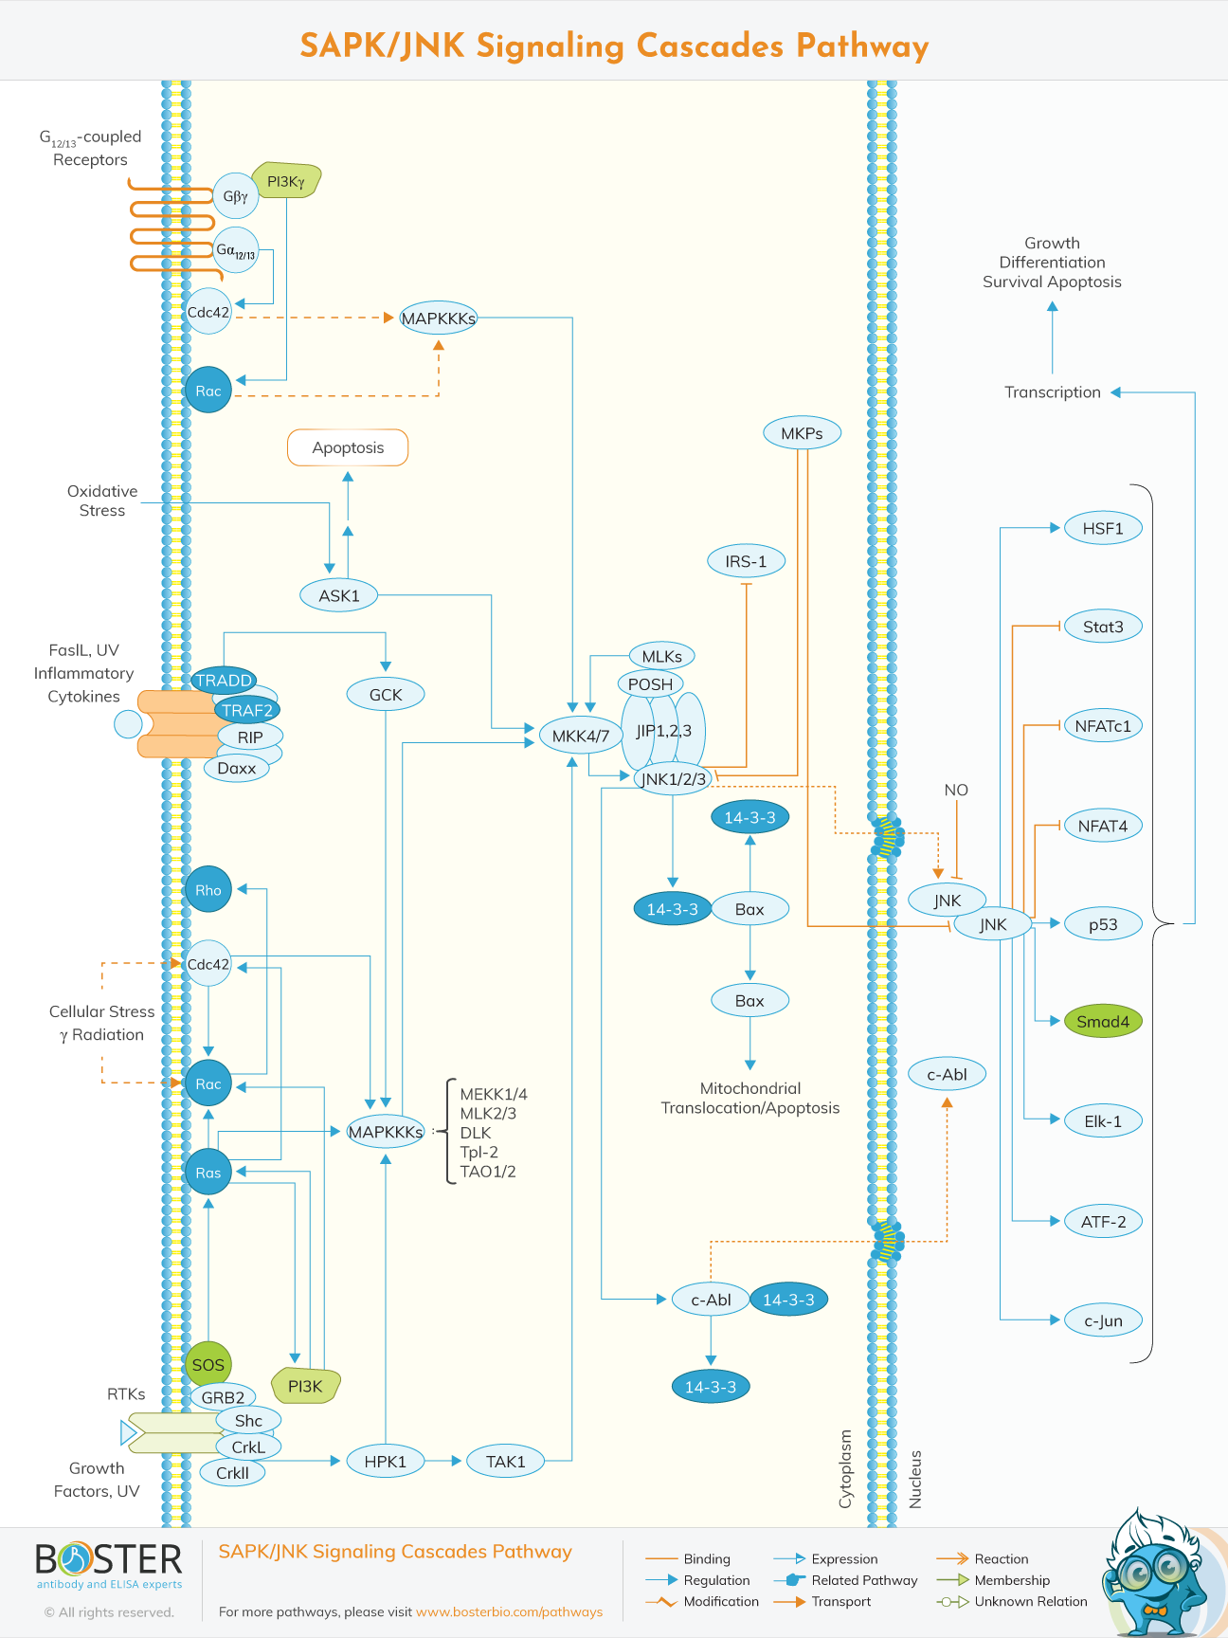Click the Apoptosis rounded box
click(x=348, y=447)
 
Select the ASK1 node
click(x=339, y=595)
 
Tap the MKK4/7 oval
click(x=581, y=736)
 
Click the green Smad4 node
click(x=1103, y=1022)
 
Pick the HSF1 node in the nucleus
click(x=1103, y=528)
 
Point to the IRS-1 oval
click(x=746, y=561)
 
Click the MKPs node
click(x=802, y=433)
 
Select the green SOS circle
click(x=208, y=1365)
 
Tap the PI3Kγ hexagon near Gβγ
click(x=287, y=180)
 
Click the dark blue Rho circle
click(x=208, y=889)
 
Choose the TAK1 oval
click(x=505, y=1461)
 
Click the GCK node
click(x=386, y=694)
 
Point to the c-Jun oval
click(x=1103, y=1320)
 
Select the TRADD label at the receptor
click(x=224, y=680)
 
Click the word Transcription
click(x=1052, y=392)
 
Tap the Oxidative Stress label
click(x=102, y=500)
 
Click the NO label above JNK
click(x=956, y=790)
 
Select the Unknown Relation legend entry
click(x=1030, y=1601)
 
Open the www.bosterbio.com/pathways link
click(x=509, y=1611)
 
